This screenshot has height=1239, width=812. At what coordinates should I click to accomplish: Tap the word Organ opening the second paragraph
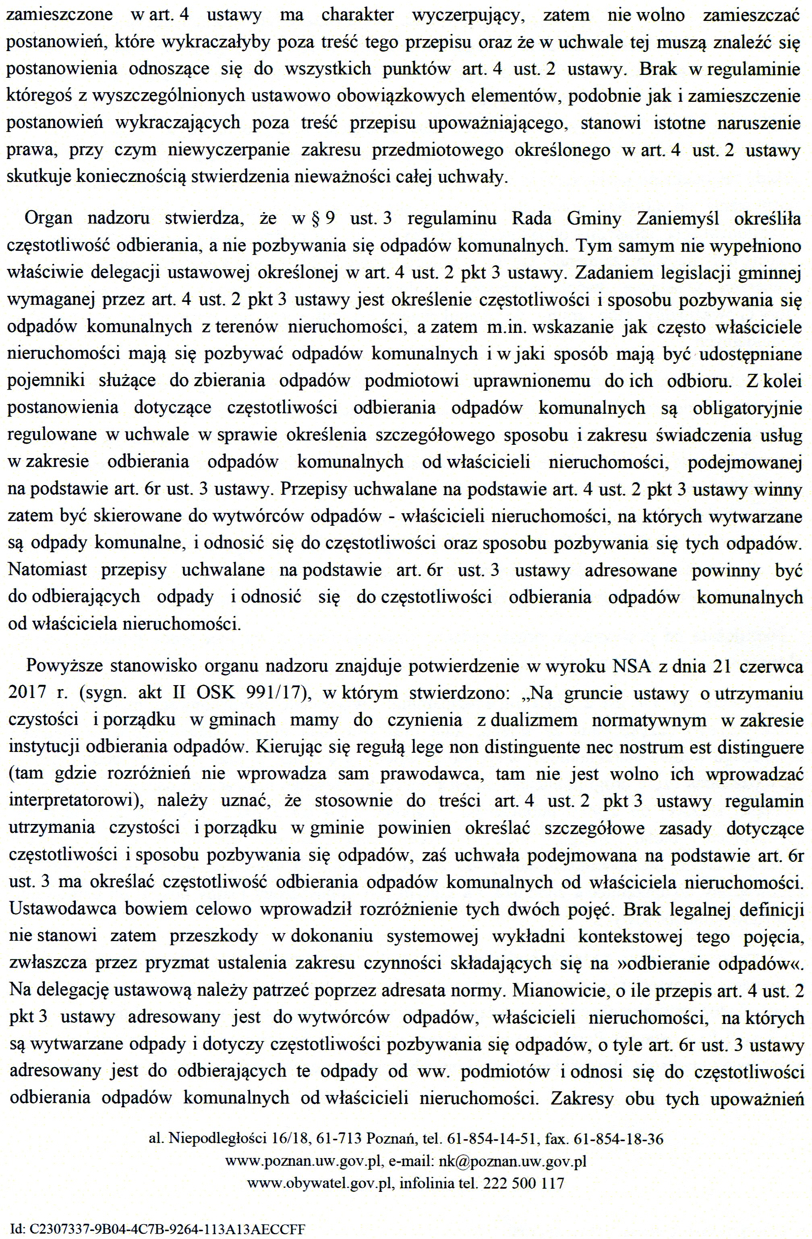(x=48, y=218)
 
